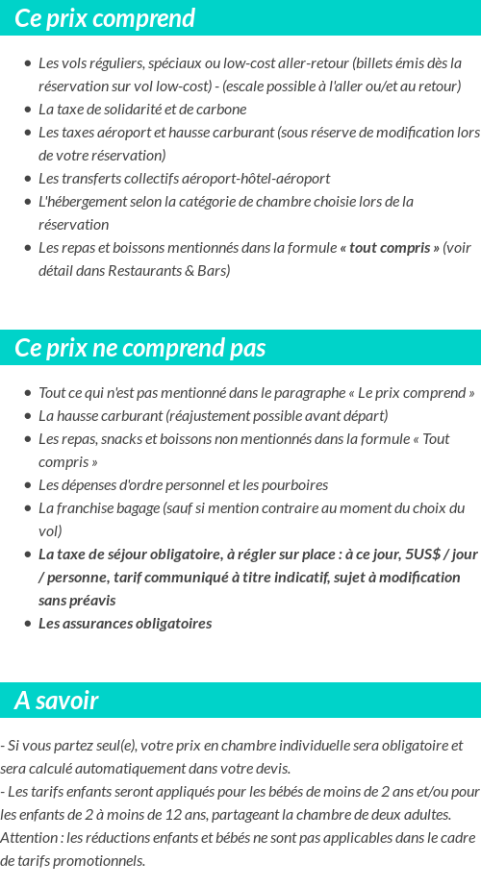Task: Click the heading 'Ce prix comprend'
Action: pos(105,18)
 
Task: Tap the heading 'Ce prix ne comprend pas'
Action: pos(140,348)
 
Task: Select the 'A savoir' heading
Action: pos(57,701)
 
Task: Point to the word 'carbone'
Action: pos(221,110)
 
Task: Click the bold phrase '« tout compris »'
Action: pos(389,248)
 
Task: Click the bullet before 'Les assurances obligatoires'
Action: pos(28,624)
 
